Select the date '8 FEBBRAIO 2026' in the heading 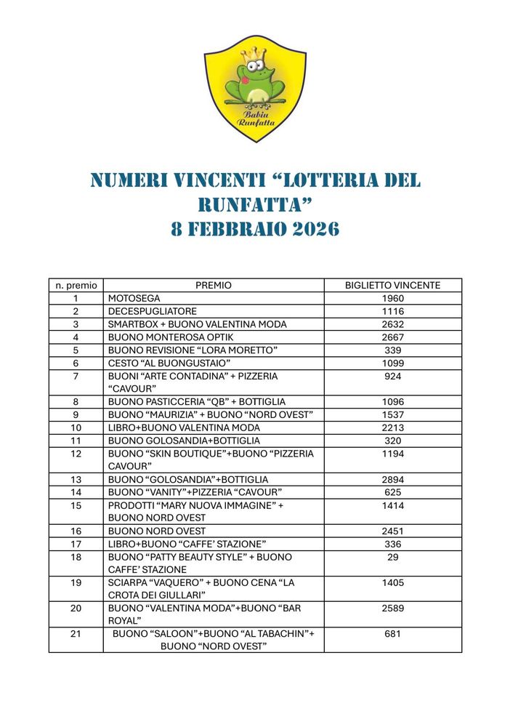click(x=255, y=229)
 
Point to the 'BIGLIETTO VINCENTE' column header click(x=392, y=285)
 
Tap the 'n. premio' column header click(x=76, y=285)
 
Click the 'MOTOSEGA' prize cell click(x=134, y=298)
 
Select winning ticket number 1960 click(x=392, y=298)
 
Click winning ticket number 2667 click(x=392, y=337)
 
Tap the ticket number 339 click(x=392, y=350)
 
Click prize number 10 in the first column click(x=76, y=427)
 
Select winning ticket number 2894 click(x=392, y=479)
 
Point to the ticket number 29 click(x=392, y=556)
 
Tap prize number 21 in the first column click(x=76, y=634)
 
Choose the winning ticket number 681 click(x=392, y=634)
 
